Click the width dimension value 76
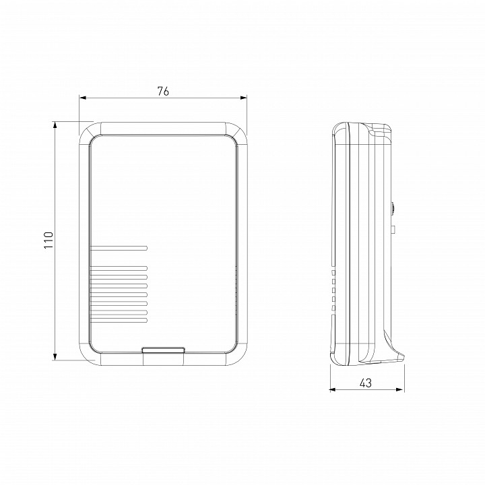[163, 91]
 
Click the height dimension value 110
[48, 240]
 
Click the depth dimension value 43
[365, 383]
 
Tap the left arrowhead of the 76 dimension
[83, 98]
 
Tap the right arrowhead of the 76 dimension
[244, 98]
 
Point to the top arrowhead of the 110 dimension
[55, 125]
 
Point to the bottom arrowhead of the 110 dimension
[55, 356]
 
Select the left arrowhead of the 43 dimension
[333, 390]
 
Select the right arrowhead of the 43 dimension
[401, 390]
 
